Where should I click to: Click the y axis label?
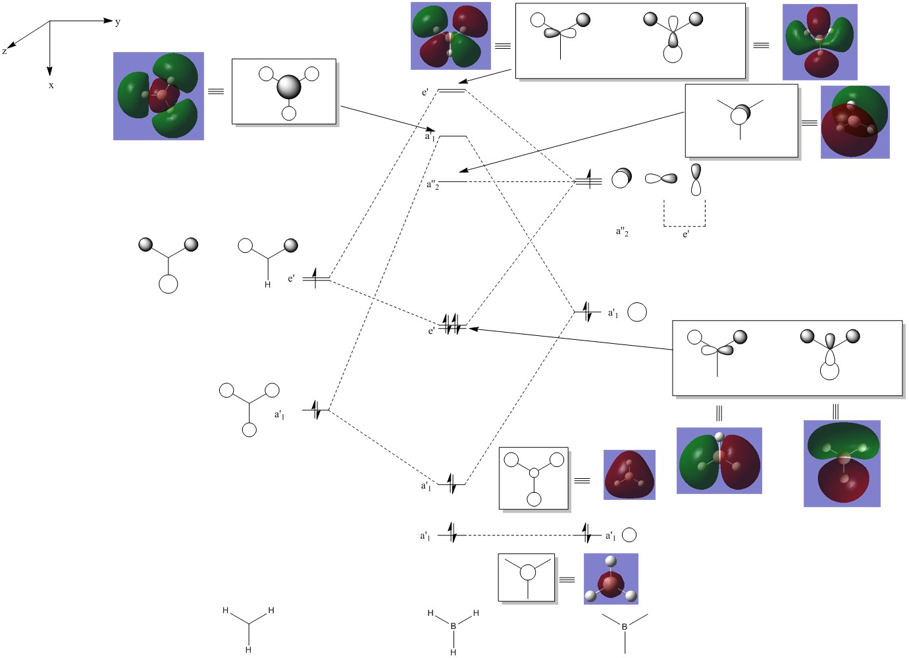coord(118,22)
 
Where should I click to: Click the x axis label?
coord(51,85)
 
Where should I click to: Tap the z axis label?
coord(5,51)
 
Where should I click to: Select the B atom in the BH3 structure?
coord(453,626)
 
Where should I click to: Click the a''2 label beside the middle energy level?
coord(432,184)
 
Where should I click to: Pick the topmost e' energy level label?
coord(425,92)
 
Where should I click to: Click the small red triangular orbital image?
coord(629,475)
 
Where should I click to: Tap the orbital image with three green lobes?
coord(158,96)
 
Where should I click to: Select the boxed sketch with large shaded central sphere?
coord(284,92)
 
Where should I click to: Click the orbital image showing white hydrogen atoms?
coord(611,579)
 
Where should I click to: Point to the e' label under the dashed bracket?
coord(686,234)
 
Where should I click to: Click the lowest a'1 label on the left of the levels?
coord(425,536)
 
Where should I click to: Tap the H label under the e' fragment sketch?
coord(267,285)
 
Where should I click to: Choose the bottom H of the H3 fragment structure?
coord(248,649)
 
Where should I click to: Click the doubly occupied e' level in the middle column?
coord(453,327)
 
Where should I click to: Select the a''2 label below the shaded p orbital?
coord(622,231)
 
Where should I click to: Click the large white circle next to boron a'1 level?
coord(636,312)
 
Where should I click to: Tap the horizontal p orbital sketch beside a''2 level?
coord(661,178)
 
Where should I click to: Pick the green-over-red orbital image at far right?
coord(842,464)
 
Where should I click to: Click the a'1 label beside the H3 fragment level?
coord(280,415)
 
